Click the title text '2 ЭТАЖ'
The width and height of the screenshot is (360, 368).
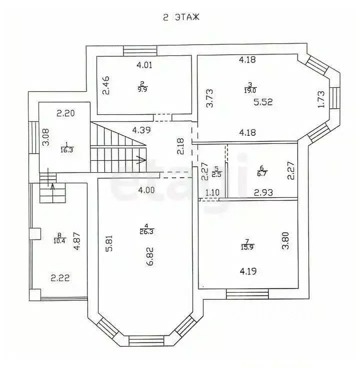point(181,17)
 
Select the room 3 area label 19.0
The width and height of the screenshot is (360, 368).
point(250,90)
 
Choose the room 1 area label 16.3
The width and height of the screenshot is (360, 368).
point(66,149)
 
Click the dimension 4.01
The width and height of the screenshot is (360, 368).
point(144,64)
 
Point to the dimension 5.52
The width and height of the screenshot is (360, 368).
point(264,102)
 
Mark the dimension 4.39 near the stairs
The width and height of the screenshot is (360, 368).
point(142,130)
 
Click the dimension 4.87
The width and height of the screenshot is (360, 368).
point(77,240)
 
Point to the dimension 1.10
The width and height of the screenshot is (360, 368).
point(212,192)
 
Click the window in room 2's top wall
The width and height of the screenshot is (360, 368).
point(140,50)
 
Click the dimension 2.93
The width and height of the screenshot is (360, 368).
point(263,192)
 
